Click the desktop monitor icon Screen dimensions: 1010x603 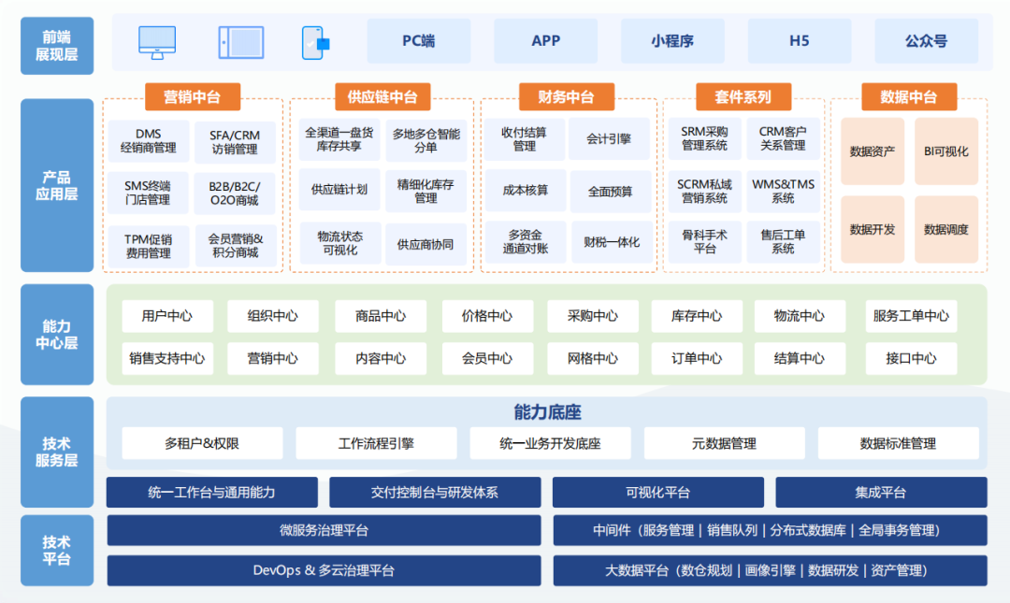coord(157,42)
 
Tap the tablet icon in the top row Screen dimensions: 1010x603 coord(241,42)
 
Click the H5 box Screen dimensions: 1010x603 coord(800,41)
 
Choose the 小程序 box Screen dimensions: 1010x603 coord(672,41)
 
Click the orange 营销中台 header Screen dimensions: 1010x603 coord(193,96)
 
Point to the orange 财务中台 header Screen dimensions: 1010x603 coord(566,96)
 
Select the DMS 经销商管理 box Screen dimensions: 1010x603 coord(148,141)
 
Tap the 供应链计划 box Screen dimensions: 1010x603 coord(339,190)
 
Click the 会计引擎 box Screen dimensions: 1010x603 coord(609,139)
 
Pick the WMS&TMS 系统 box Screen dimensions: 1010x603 coord(784,192)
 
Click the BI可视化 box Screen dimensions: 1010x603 coord(946,151)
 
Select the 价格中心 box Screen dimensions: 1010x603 coord(487,316)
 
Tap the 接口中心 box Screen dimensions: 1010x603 coord(911,358)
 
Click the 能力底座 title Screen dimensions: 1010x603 coord(547,411)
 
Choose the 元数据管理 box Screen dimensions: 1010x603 coord(724,443)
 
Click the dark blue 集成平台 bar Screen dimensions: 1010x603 coord(881,492)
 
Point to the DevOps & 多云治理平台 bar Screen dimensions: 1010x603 coord(324,570)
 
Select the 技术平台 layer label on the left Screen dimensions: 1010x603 coord(57,550)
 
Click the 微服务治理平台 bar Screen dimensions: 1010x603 coord(324,530)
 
